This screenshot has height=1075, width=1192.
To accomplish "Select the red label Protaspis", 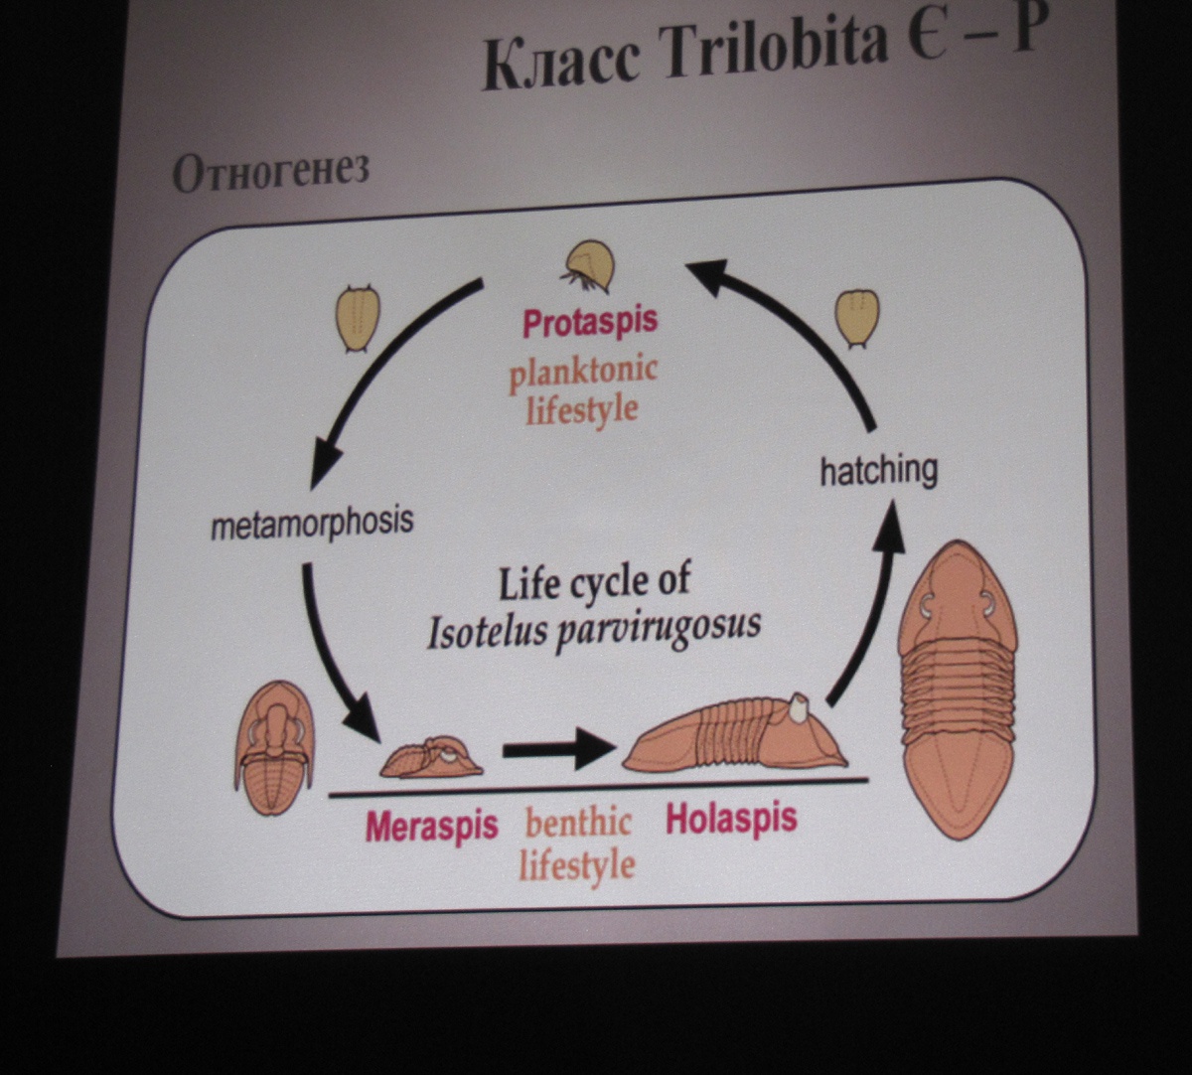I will point(590,323).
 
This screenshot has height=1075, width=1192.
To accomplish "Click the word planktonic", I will point(583,372).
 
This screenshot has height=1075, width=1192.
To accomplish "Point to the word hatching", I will point(878,470).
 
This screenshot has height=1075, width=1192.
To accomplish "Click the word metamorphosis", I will point(311,523).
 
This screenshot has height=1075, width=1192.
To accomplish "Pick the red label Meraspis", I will point(431,826).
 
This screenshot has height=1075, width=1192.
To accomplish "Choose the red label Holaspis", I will point(731,819).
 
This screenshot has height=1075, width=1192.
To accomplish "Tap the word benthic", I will point(578,823).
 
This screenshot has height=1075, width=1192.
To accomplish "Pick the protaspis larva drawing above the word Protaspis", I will point(589,266).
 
